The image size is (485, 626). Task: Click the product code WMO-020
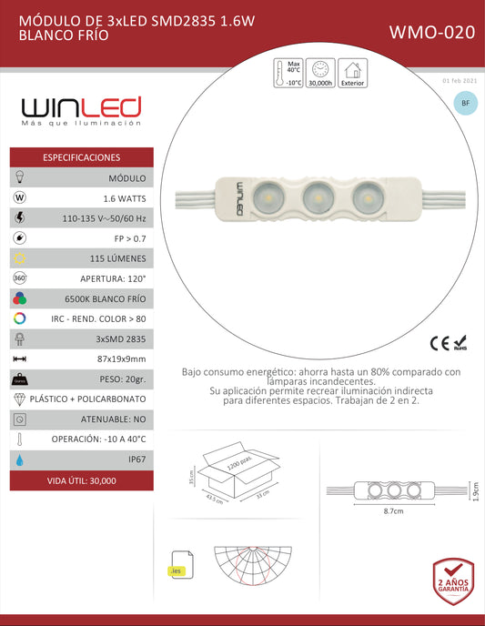[431, 33]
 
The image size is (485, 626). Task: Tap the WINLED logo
[82, 110]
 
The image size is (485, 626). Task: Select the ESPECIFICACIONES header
[82, 157]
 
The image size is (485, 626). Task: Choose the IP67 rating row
[137, 459]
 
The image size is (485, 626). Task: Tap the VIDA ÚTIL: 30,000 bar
[82, 480]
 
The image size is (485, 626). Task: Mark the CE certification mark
[439, 343]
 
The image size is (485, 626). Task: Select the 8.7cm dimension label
[393, 512]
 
